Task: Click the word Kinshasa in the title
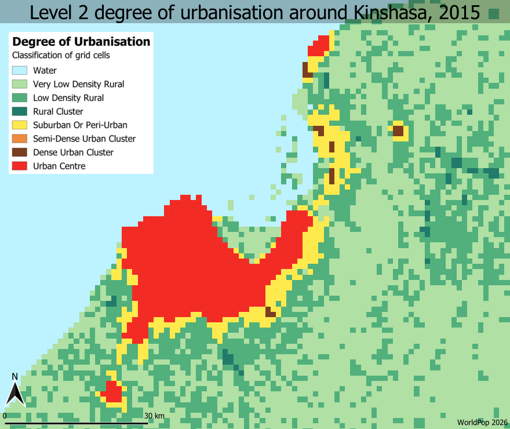click(383, 13)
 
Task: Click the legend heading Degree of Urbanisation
click(81, 42)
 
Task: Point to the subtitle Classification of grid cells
click(61, 56)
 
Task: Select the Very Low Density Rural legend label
click(78, 84)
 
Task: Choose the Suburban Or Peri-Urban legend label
click(80, 125)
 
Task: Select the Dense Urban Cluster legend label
click(73, 152)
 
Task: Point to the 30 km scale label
click(154, 416)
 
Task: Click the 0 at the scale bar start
click(5, 416)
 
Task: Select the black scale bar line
click(75, 423)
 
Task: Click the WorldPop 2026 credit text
click(482, 423)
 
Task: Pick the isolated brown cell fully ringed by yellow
click(398, 130)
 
